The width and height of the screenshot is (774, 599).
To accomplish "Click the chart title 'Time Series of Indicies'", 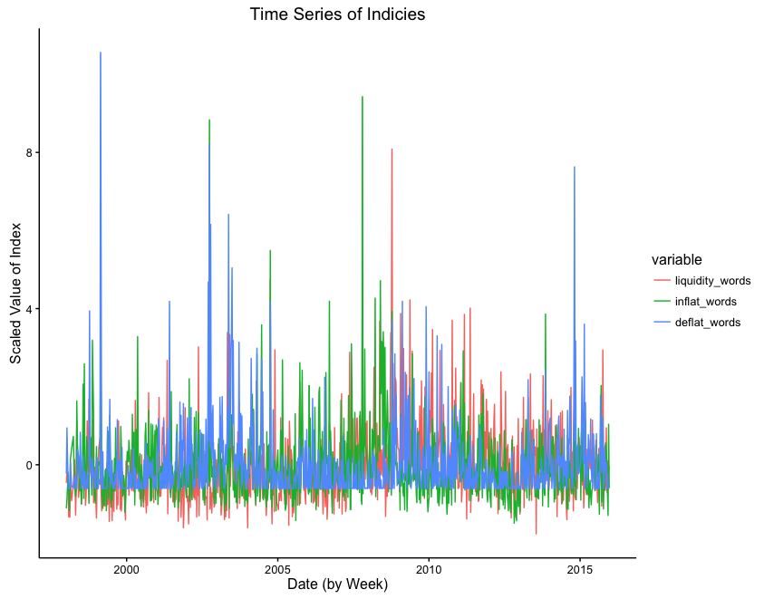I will coord(337,14).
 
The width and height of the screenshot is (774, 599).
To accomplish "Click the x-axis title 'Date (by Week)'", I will coord(337,585).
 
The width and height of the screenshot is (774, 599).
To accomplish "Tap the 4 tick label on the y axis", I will coord(28,309).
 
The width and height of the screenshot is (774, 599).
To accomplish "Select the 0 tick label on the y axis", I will coord(28,465).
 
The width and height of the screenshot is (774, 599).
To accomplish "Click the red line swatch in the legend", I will coord(663,281).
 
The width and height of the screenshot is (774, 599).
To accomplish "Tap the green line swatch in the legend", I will coord(663,302).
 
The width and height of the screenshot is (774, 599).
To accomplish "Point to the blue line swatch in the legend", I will coord(663,323).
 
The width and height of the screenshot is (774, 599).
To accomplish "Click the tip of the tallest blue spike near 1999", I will coord(101,53).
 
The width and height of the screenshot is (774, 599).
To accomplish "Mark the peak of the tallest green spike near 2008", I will coord(363,97).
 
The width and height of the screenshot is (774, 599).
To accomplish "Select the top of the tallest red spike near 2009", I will coord(392,150).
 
